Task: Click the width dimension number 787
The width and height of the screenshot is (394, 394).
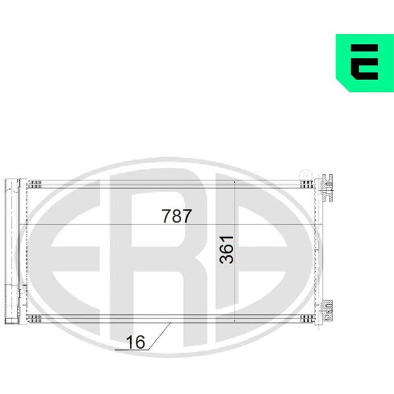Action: tap(177, 216)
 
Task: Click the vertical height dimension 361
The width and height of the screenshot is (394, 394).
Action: tap(227, 250)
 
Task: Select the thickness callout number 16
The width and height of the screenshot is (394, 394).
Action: tap(136, 342)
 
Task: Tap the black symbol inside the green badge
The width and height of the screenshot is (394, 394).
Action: tap(364, 62)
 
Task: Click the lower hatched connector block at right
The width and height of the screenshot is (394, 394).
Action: tap(328, 311)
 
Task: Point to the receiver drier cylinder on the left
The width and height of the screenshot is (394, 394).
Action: tap(12, 252)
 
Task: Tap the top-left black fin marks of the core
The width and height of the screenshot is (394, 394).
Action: tap(34, 184)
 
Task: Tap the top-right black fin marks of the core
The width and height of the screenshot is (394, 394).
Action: tap(307, 184)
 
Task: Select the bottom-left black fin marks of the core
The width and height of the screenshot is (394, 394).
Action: tap(34, 318)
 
